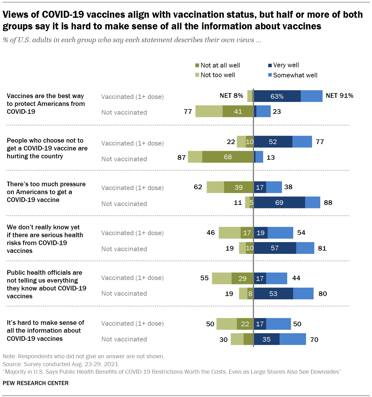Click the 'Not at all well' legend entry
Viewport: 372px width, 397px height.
[x=218, y=65]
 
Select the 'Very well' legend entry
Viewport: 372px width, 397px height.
[x=283, y=65]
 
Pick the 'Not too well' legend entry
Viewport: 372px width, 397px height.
[x=215, y=75]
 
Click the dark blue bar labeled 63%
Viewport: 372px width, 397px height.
[x=277, y=96]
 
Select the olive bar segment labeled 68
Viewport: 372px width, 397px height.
[x=228, y=157]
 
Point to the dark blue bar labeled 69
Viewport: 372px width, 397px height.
[x=279, y=203]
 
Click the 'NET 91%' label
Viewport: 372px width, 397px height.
[x=339, y=96]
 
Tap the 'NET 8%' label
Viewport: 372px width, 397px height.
[x=231, y=96]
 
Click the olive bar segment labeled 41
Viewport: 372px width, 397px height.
[x=238, y=111]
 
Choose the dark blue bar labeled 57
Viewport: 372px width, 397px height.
[x=275, y=248]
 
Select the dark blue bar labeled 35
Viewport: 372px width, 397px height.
[x=267, y=339]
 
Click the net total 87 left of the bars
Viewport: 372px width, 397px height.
[x=182, y=157]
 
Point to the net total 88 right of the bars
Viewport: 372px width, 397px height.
[x=328, y=203]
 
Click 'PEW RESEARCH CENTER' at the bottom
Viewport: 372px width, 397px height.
[x=36, y=383]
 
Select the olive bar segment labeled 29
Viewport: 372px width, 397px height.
[x=242, y=279]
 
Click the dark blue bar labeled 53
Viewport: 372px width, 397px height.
[x=273, y=294]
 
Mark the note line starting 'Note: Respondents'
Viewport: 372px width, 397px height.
[x=84, y=357]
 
